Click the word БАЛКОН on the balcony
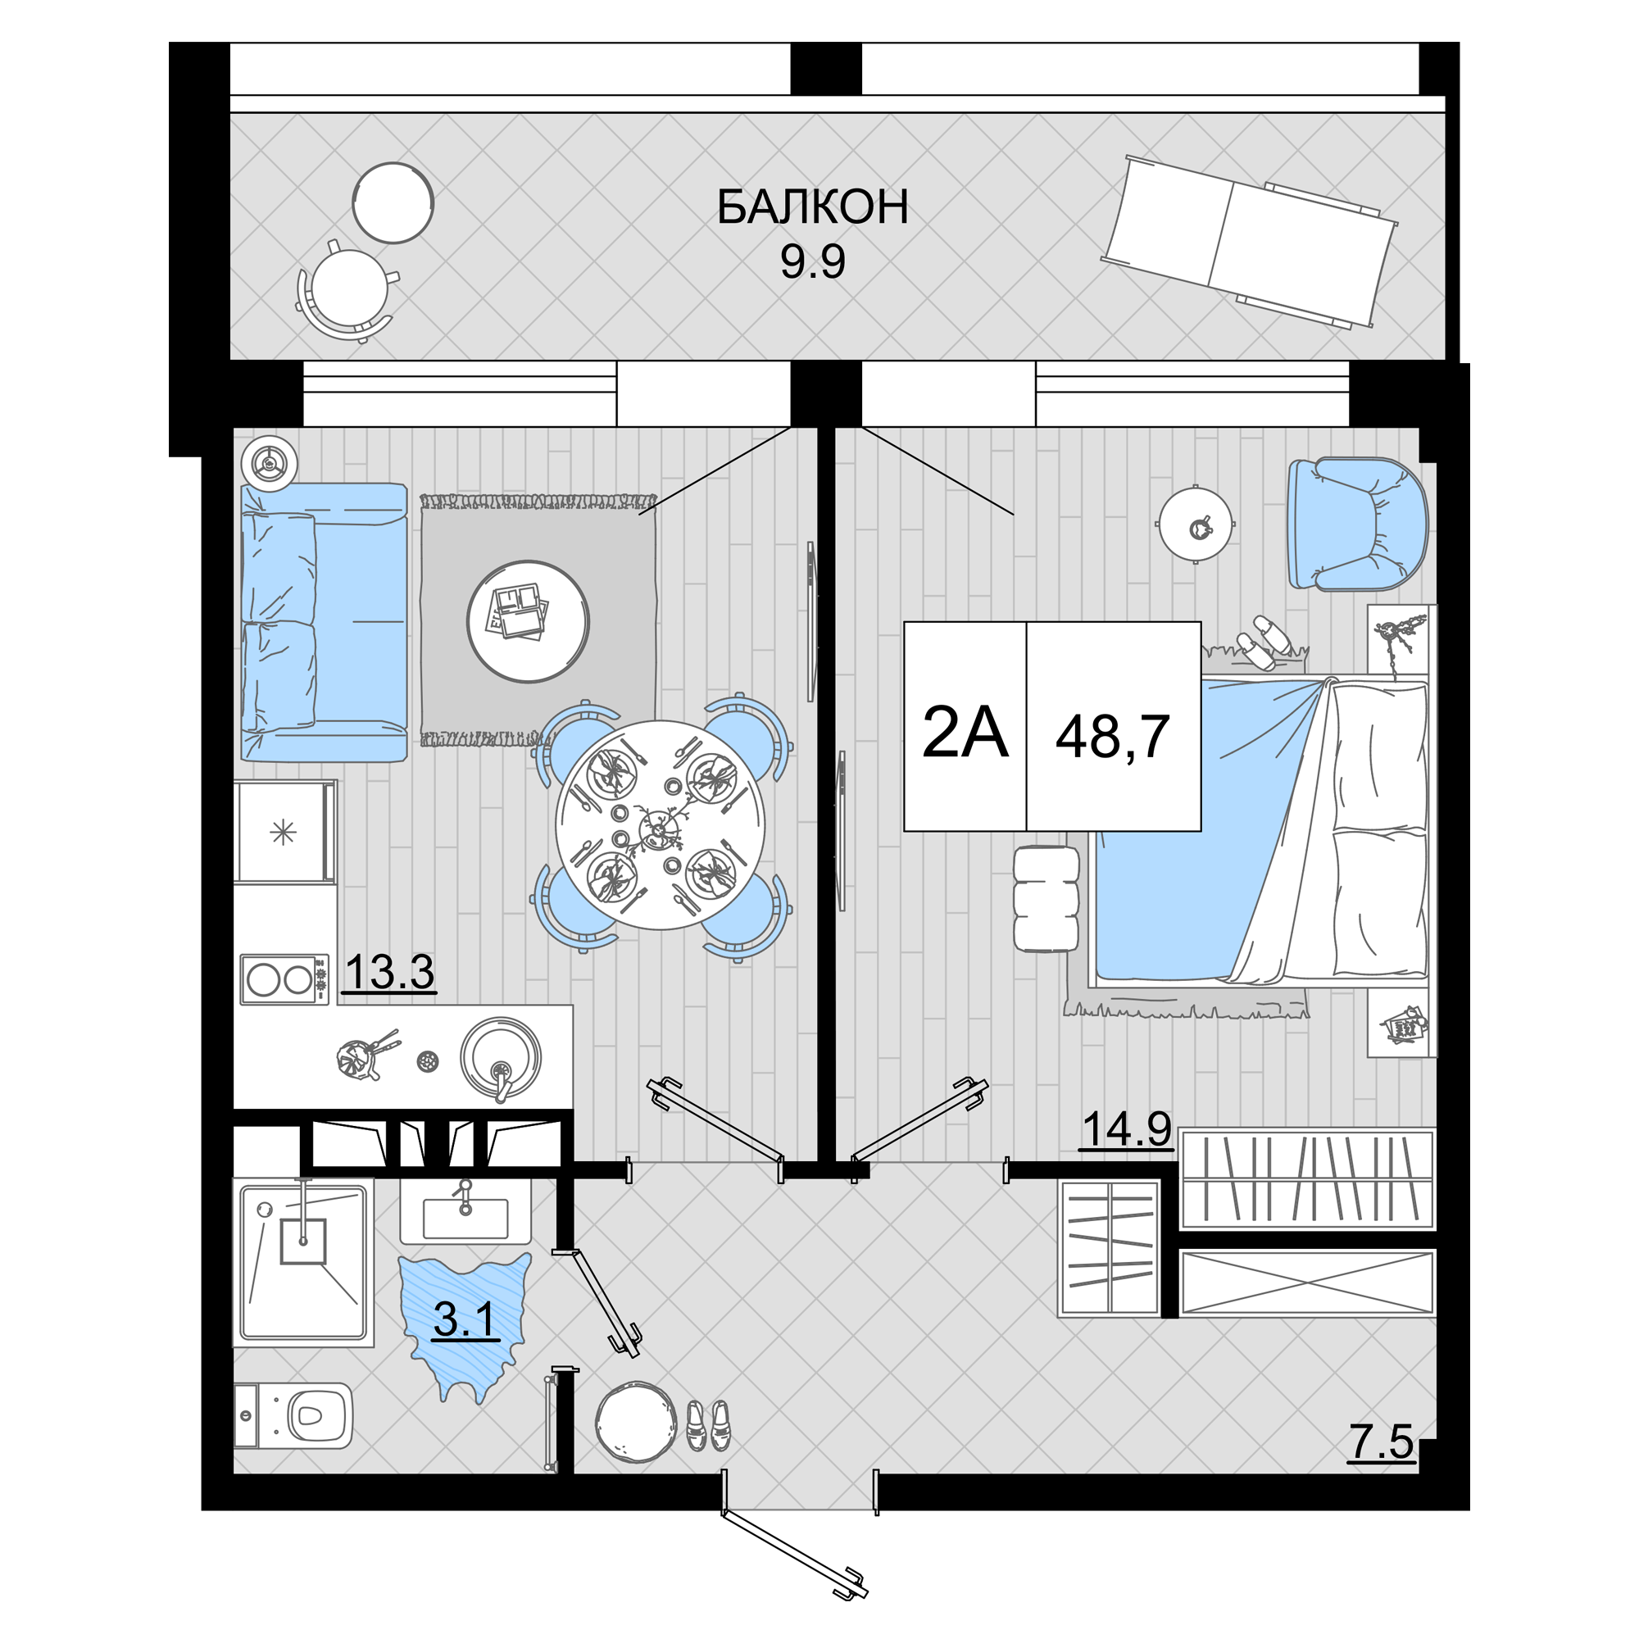tap(812, 207)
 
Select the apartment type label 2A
tap(965, 732)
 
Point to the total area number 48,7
tap(1112, 737)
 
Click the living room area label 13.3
tap(389, 971)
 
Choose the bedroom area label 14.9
tap(1126, 1129)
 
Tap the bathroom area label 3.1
tap(464, 1320)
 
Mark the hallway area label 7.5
tap(1381, 1442)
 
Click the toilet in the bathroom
tap(293, 1416)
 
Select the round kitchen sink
tap(501, 1058)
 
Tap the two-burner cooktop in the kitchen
tap(284, 980)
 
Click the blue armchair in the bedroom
tap(1357, 524)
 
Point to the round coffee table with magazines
tap(528, 621)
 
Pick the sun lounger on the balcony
tap(1249, 242)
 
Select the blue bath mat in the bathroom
tap(465, 1325)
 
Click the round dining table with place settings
tap(660, 824)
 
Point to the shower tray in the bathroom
tap(304, 1261)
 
